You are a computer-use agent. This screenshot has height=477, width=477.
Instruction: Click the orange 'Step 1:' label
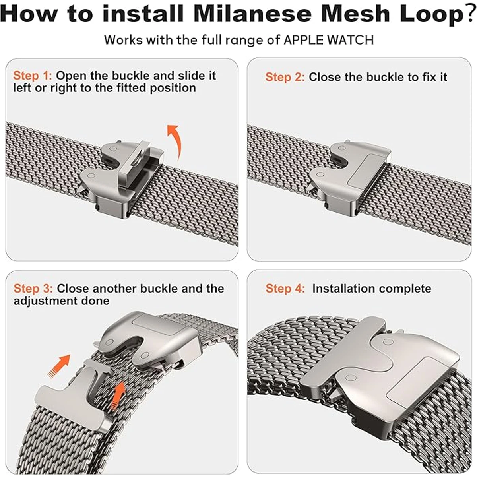33,76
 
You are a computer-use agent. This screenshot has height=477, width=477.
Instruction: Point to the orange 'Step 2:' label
285,77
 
